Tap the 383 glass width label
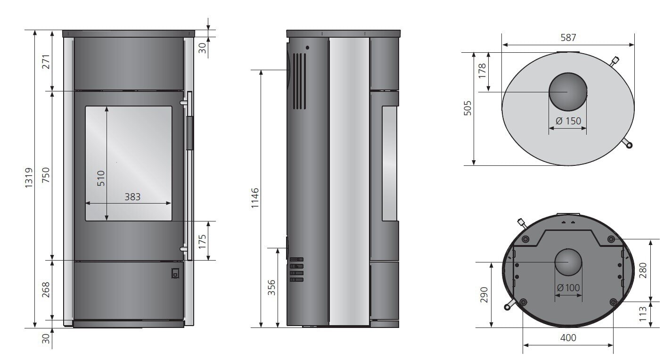click(x=132, y=197)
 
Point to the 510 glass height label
click(x=101, y=178)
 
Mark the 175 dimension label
click(x=202, y=241)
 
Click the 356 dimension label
click(x=271, y=287)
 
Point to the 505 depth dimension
click(x=467, y=109)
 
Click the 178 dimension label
click(x=482, y=71)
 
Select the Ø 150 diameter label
click(x=568, y=121)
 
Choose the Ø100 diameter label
click(x=568, y=287)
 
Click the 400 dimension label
click(x=568, y=338)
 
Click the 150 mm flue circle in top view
click(x=568, y=91)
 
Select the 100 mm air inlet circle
click(x=568, y=262)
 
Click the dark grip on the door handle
click(x=189, y=133)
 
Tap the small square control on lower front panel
click(x=175, y=273)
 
